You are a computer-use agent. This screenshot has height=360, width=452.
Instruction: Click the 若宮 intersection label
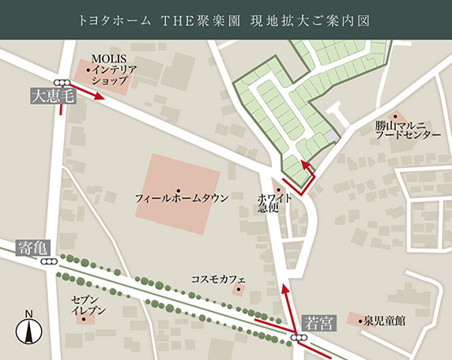[x=319, y=322]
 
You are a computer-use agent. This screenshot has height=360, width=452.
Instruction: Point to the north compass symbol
[x=29, y=329]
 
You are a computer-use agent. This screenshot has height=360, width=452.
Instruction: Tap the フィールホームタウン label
[x=182, y=196]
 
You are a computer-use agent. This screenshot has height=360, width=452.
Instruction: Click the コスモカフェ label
[x=219, y=279]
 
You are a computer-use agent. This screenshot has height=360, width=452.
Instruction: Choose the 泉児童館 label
[x=384, y=321]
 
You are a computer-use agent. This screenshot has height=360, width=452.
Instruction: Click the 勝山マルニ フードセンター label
[x=408, y=129]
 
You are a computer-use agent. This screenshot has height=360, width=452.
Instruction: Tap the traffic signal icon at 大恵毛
[x=62, y=82]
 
